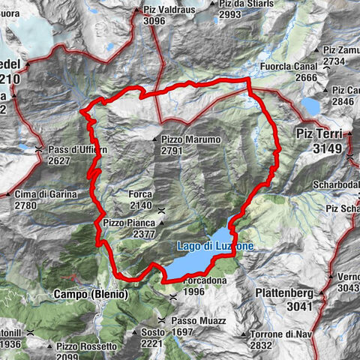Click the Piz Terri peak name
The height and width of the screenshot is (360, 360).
314,135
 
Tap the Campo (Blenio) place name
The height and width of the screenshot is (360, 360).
91,295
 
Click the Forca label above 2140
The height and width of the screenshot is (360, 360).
141,193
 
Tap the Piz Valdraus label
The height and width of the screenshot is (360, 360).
169,10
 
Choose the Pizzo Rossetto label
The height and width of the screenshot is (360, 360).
86,346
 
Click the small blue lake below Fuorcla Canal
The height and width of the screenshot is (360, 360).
310,104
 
